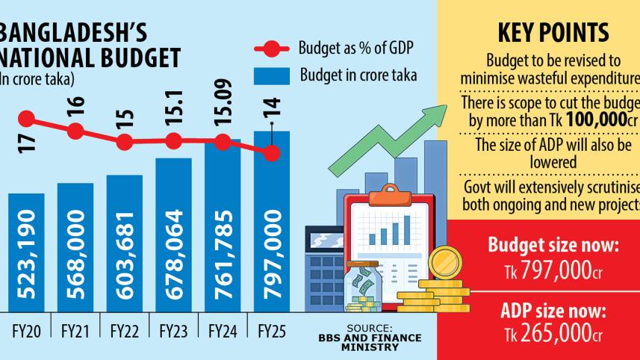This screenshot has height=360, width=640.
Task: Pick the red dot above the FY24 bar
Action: [x=223, y=140]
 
